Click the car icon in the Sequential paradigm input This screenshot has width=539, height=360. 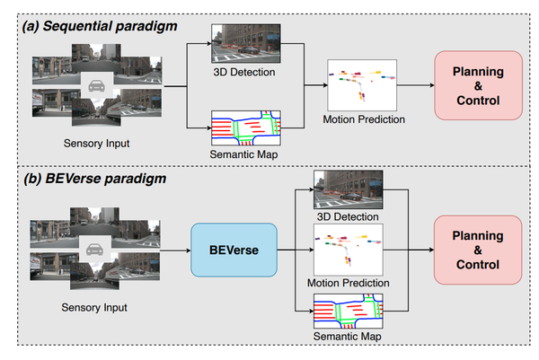[x=95, y=87]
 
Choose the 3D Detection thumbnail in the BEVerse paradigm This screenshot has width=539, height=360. [x=347, y=190]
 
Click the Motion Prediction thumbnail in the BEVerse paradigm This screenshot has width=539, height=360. [x=347, y=249]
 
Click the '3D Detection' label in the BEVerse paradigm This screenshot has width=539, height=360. [x=347, y=216]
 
